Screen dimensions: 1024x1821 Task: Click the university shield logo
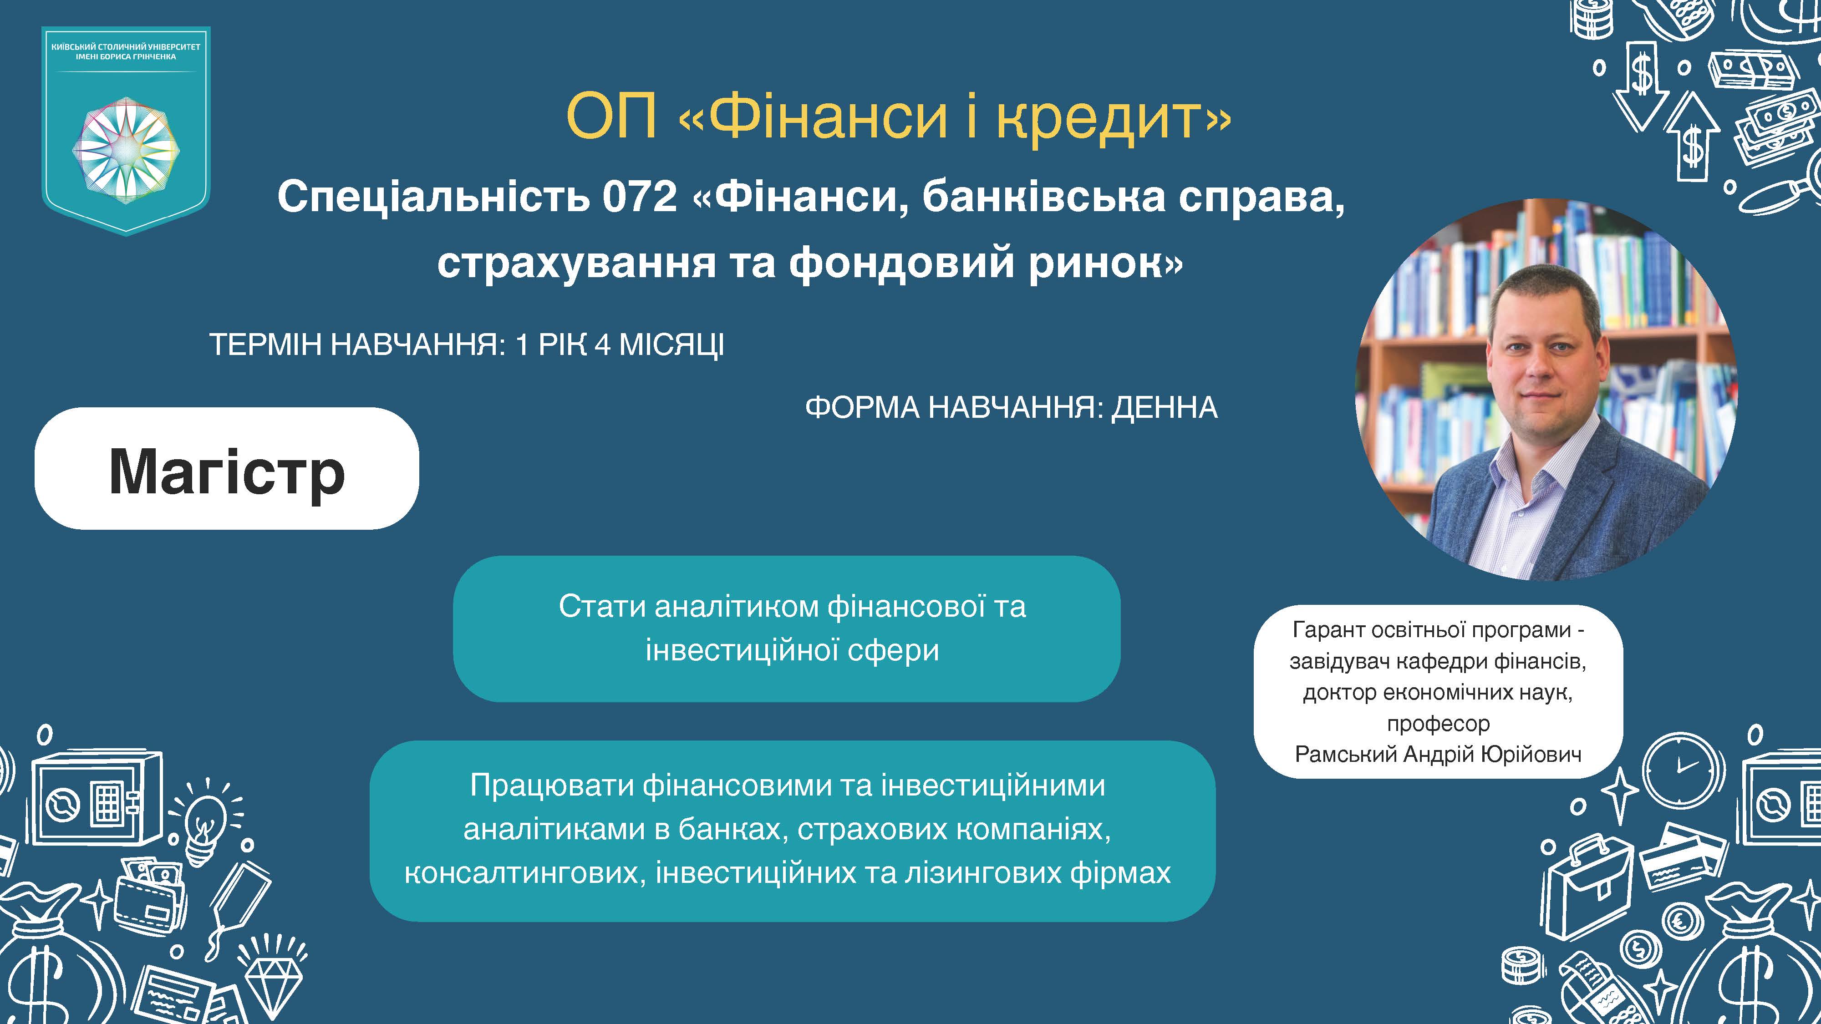[x=126, y=131]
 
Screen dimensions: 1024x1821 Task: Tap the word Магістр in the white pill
[x=227, y=472]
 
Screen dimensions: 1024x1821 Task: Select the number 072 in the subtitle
[x=640, y=197]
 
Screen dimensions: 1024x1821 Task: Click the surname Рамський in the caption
[x=1346, y=754]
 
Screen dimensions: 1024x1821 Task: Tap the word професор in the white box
[x=1438, y=723]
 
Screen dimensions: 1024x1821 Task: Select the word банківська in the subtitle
[x=1043, y=197]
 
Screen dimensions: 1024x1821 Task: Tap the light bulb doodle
[x=203, y=820]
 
